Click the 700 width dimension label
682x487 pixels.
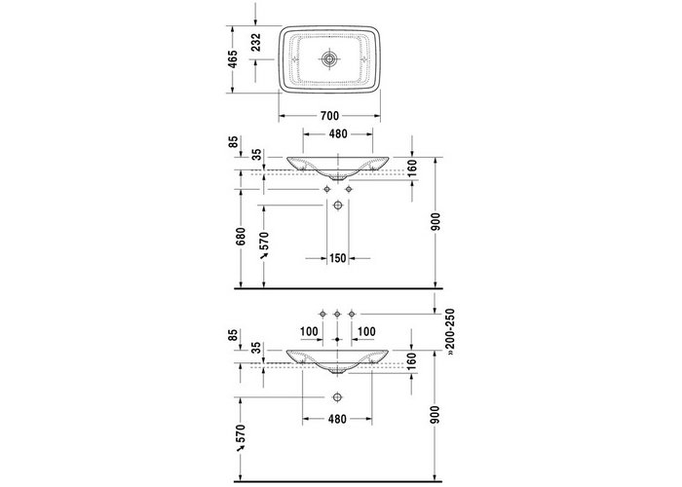click(329, 116)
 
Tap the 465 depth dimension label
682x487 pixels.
click(233, 59)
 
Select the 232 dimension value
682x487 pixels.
click(256, 43)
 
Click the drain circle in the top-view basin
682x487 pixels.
click(329, 59)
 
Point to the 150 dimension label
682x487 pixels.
click(337, 258)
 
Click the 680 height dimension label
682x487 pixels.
click(241, 237)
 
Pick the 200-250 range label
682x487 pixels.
click(450, 329)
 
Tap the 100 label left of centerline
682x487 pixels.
click(309, 332)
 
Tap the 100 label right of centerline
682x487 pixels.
click(366, 332)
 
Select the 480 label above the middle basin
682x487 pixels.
click(338, 134)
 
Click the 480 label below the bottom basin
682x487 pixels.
click(337, 419)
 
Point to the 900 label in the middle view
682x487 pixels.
click(436, 222)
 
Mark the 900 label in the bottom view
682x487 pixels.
click(436, 414)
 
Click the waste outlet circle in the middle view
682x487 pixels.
click(337, 206)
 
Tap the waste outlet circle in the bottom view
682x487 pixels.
click(337, 397)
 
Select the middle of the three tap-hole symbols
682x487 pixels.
click(337, 314)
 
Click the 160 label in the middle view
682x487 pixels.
click(413, 169)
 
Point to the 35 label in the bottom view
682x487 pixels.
click(257, 348)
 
